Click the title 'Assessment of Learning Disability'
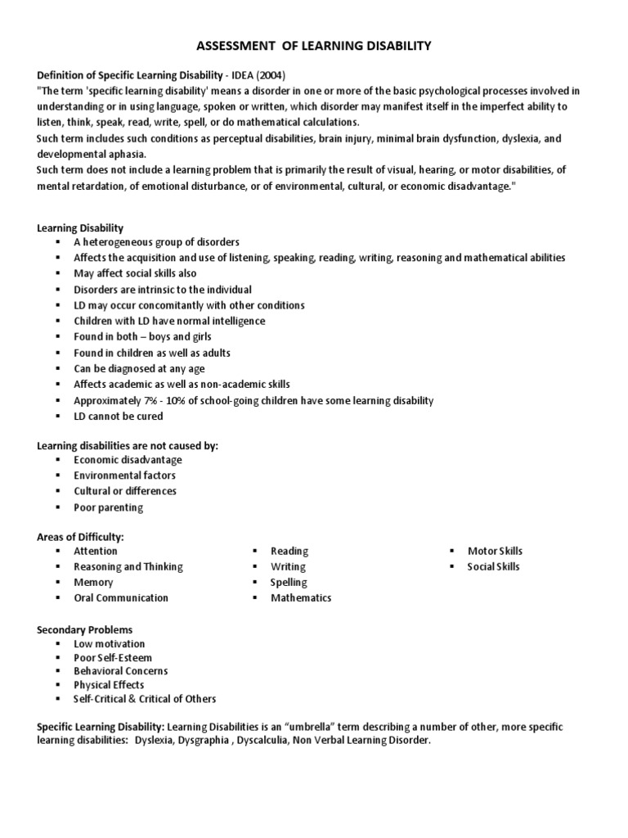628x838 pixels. click(x=314, y=47)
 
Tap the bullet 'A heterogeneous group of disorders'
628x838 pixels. click(x=156, y=242)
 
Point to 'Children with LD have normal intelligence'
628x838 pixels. click(x=169, y=321)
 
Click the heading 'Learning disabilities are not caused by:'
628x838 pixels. click(x=128, y=445)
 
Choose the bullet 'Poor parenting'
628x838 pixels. click(x=108, y=507)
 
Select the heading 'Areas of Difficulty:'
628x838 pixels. click(x=80, y=536)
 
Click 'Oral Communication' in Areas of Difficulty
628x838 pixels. click(x=121, y=597)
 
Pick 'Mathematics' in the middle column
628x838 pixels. click(x=301, y=597)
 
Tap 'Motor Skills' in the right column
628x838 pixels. click(x=495, y=551)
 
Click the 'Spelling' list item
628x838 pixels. click(x=289, y=582)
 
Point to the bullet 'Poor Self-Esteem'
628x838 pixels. click(x=113, y=657)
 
